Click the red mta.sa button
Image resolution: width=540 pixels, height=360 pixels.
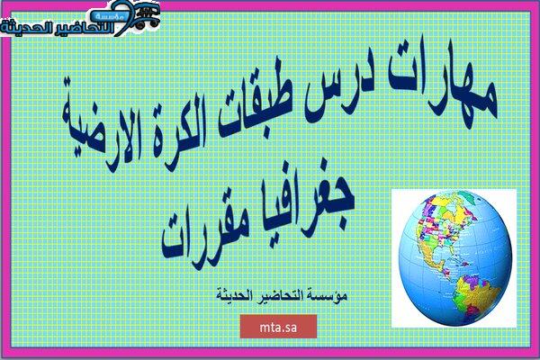pos(278,327)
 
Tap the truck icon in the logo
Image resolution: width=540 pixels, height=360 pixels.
pos(147,16)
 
